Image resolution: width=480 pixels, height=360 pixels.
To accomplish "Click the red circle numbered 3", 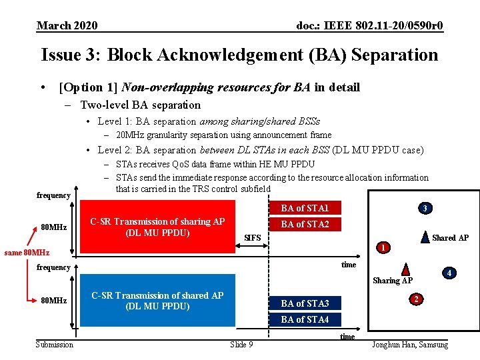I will tap(424, 209).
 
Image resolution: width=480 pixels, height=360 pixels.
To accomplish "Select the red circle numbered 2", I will tap(415, 299).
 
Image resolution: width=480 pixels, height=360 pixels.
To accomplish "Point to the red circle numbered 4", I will tap(449, 273).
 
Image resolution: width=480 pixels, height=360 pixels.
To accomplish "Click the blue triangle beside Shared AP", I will tap(425, 236).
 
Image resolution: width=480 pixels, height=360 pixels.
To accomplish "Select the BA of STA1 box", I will tap(305, 208).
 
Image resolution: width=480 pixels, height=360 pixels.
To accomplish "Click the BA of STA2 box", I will tap(305, 224).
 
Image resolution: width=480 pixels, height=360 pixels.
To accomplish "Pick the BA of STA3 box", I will tap(305, 303).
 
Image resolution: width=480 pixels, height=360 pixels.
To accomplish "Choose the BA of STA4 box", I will tap(305, 319).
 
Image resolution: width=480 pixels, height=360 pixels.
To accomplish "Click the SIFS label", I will tap(253, 238).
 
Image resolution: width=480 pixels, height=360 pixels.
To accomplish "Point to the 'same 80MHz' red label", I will tap(27, 253).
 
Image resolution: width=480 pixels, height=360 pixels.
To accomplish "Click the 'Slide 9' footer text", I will tap(241, 344).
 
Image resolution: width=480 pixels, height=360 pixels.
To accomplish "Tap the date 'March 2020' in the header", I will tap(67, 25).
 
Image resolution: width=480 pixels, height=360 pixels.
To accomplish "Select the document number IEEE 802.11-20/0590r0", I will tap(369, 25).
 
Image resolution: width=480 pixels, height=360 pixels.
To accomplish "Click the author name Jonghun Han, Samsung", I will tap(410, 344).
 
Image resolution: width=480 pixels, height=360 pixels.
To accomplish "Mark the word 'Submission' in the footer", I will tap(55, 344).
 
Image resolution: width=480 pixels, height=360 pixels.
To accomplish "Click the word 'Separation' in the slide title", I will tap(388, 55).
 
